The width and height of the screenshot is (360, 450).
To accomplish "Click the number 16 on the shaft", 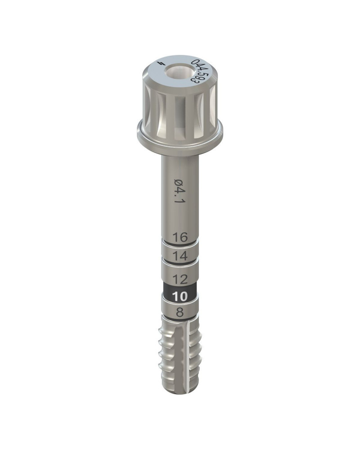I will pos(180,237).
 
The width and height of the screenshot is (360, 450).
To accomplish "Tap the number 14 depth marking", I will pos(180,256).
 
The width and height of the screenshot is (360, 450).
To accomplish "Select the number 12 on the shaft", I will pos(180,279).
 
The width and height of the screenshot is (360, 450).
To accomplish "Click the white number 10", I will pos(180,296).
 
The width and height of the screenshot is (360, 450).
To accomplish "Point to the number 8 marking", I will pos(180,313).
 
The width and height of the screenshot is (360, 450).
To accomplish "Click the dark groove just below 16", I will pos(180,246).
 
